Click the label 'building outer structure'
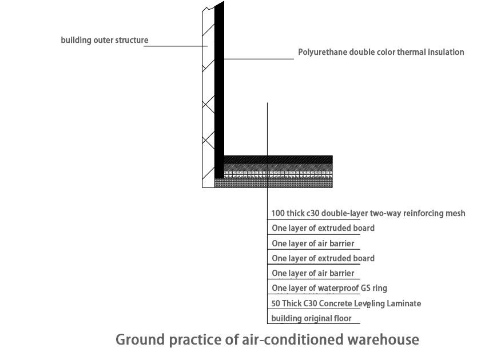tap(105, 40)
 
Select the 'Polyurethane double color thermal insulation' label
tap(381, 52)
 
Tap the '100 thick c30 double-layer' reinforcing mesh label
tap(368, 213)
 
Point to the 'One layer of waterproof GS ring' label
tap(329, 288)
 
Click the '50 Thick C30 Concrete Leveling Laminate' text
tap(346, 303)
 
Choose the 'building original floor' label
tap(312, 318)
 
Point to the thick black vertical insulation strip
tap(218, 86)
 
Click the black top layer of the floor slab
tap(278, 158)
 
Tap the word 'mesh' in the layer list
tap(455, 213)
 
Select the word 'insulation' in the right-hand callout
tap(444, 52)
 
